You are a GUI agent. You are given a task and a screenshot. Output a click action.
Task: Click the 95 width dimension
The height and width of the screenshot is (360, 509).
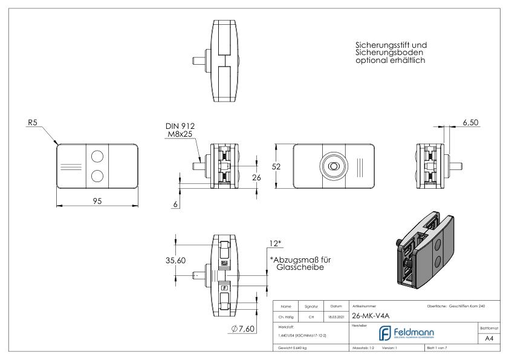pyautogui.click(x=97, y=201)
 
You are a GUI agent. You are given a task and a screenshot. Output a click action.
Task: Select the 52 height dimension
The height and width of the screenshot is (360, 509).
pyautogui.click(x=283, y=166)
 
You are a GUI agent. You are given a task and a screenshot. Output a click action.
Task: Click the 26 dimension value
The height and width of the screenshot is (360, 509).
pyautogui.click(x=256, y=178)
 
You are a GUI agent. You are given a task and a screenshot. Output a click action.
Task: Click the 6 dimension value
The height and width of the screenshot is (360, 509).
pyautogui.click(x=175, y=205)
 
